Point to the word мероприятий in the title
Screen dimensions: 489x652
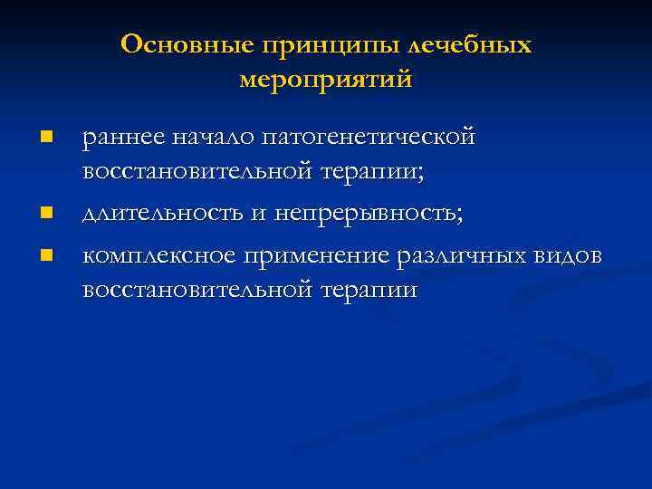(326, 80)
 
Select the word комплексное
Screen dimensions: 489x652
(158, 257)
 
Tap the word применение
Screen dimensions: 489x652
(316, 257)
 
